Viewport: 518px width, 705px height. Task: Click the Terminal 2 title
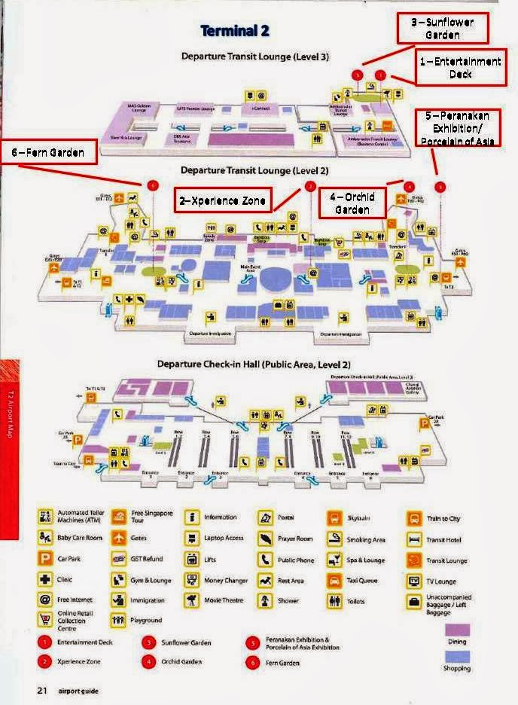pyautogui.click(x=235, y=32)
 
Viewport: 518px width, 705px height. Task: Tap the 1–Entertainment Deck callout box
pyautogui.click(x=460, y=68)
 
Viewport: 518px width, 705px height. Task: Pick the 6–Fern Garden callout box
pyautogui.click(x=50, y=152)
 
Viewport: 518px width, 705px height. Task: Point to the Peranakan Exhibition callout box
pyautogui.click(x=458, y=128)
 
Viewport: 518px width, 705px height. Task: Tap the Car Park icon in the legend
pyautogui.click(x=44, y=560)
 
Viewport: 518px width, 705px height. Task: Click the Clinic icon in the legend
pyautogui.click(x=44, y=581)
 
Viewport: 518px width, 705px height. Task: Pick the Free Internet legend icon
pyautogui.click(x=44, y=601)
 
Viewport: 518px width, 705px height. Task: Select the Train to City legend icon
pyautogui.click(x=413, y=518)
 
